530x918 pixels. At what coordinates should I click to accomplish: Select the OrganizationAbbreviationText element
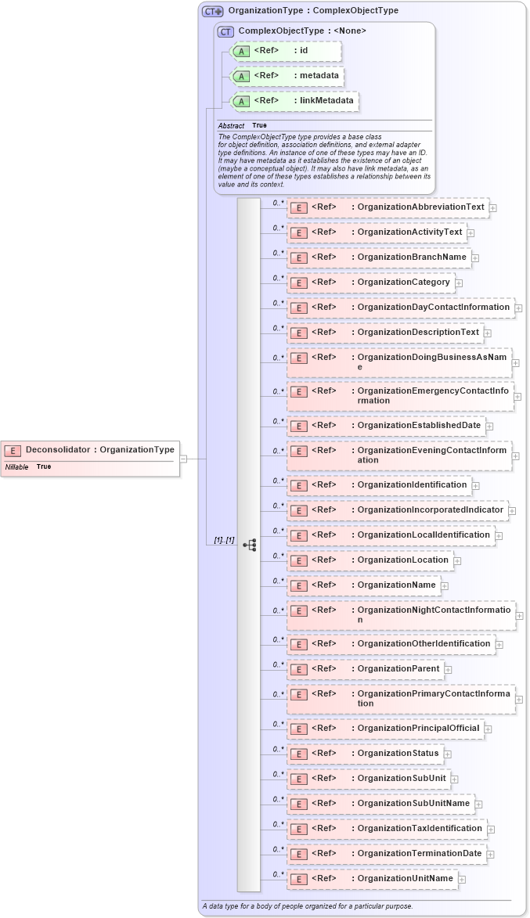388,207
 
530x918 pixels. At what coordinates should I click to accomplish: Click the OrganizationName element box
363,585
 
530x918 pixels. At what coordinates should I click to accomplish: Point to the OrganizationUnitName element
372,879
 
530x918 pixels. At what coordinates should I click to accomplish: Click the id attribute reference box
286,52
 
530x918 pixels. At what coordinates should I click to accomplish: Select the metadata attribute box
288,76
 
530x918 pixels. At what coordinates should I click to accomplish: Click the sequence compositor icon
250,544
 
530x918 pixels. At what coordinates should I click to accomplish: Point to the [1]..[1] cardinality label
224,541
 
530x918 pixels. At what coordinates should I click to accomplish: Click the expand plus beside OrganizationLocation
458,560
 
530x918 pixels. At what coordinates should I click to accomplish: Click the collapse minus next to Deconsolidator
183,459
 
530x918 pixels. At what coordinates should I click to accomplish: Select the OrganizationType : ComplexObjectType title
312,11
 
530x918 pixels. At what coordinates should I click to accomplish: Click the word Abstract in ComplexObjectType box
231,126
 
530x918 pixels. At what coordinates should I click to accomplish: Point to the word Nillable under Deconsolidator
16,466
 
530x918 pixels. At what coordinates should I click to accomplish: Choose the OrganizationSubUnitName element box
380,804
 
